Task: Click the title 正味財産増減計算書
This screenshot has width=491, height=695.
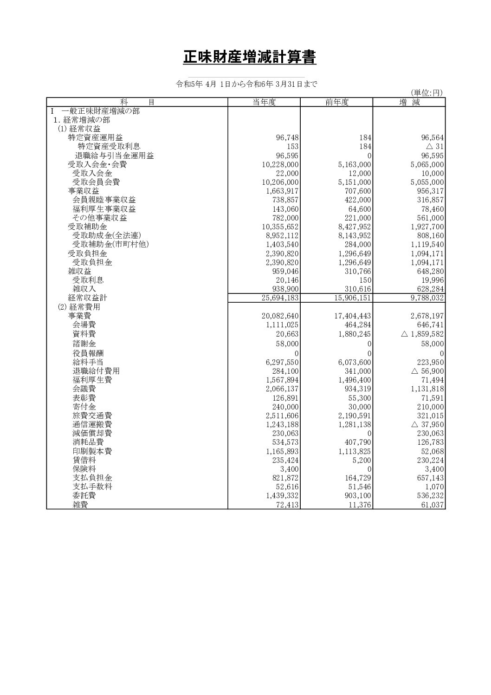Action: pyautogui.click(x=250, y=58)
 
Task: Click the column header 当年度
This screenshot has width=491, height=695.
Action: pyautogui.click(x=264, y=103)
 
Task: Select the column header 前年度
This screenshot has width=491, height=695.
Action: pyautogui.click(x=336, y=103)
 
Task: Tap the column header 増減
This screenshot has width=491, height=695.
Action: pyautogui.click(x=409, y=103)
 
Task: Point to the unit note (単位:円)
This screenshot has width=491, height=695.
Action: pyautogui.click(x=426, y=93)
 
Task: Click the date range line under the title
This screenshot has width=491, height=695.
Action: pyautogui.click(x=246, y=84)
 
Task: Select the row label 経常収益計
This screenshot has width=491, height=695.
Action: pyautogui.click(x=88, y=298)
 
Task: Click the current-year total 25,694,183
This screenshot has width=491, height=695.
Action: pyautogui.click(x=280, y=298)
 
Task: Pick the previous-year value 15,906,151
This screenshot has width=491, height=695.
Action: pyautogui.click(x=353, y=298)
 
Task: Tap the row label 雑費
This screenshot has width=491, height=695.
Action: pyautogui.click(x=80, y=505)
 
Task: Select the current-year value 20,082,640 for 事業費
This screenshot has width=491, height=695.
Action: pyautogui.click(x=280, y=316)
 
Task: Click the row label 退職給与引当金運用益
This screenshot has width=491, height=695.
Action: pyautogui.click(x=114, y=156)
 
